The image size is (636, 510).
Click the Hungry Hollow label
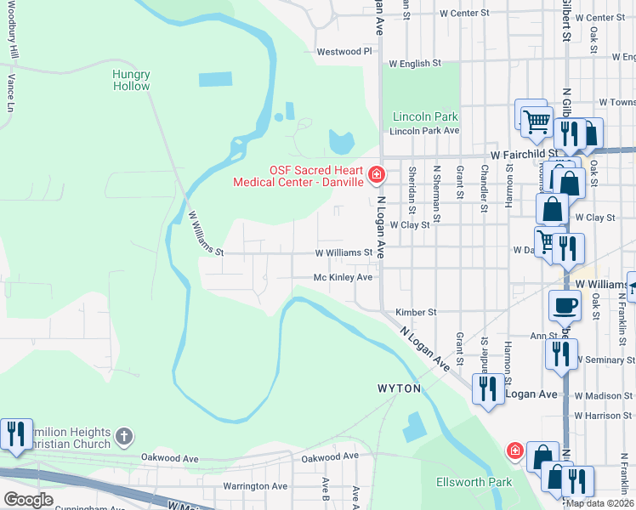[x=131, y=80]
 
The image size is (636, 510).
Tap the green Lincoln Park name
[x=425, y=116]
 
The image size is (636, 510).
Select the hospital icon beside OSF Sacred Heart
[x=376, y=175]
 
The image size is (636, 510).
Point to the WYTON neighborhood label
[x=400, y=388]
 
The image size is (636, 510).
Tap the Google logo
[x=27, y=500]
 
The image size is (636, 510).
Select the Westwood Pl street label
[x=344, y=52]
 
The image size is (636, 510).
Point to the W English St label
[x=415, y=63]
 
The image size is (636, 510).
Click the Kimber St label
[x=415, y=313]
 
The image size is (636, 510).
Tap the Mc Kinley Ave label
[x=343, y=277]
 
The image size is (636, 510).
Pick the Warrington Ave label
[x=255, y=486]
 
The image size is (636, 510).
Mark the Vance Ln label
[x=11, y=93]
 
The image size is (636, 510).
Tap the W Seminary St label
[x=606, y=360]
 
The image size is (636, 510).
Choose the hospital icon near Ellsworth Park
[x=514, y=450]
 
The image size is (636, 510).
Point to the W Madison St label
[x=605, y=396]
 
